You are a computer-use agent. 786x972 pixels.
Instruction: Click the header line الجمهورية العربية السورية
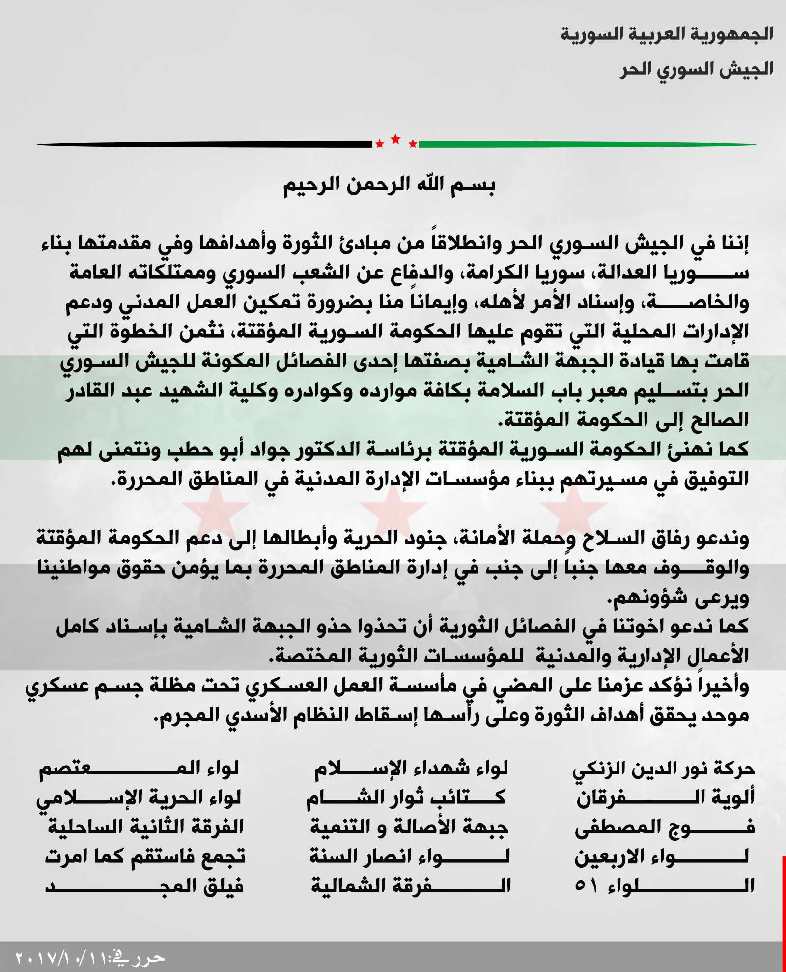coord(667,35)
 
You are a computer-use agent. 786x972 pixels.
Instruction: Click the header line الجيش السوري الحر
coord(696,68)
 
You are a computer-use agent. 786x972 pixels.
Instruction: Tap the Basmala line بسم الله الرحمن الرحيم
coord(389,187)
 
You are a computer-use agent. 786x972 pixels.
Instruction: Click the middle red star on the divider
coord(395,139)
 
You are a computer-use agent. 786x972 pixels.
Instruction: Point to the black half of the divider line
coord(206,144)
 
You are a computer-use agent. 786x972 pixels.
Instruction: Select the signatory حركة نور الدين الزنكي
coord(664,769)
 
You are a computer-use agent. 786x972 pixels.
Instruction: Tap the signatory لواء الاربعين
coord(663,857)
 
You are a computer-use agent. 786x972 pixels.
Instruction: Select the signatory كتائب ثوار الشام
coord(407,798)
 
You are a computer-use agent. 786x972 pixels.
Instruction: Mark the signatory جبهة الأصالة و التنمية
coord(409,827)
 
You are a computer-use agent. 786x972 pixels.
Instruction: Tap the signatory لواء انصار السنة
coord(410,857)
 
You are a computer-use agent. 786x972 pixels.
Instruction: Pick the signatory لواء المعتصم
coord(139,769)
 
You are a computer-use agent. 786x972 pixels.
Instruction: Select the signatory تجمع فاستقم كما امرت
coord(145,857)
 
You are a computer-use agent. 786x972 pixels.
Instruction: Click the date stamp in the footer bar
coord(91,958)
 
